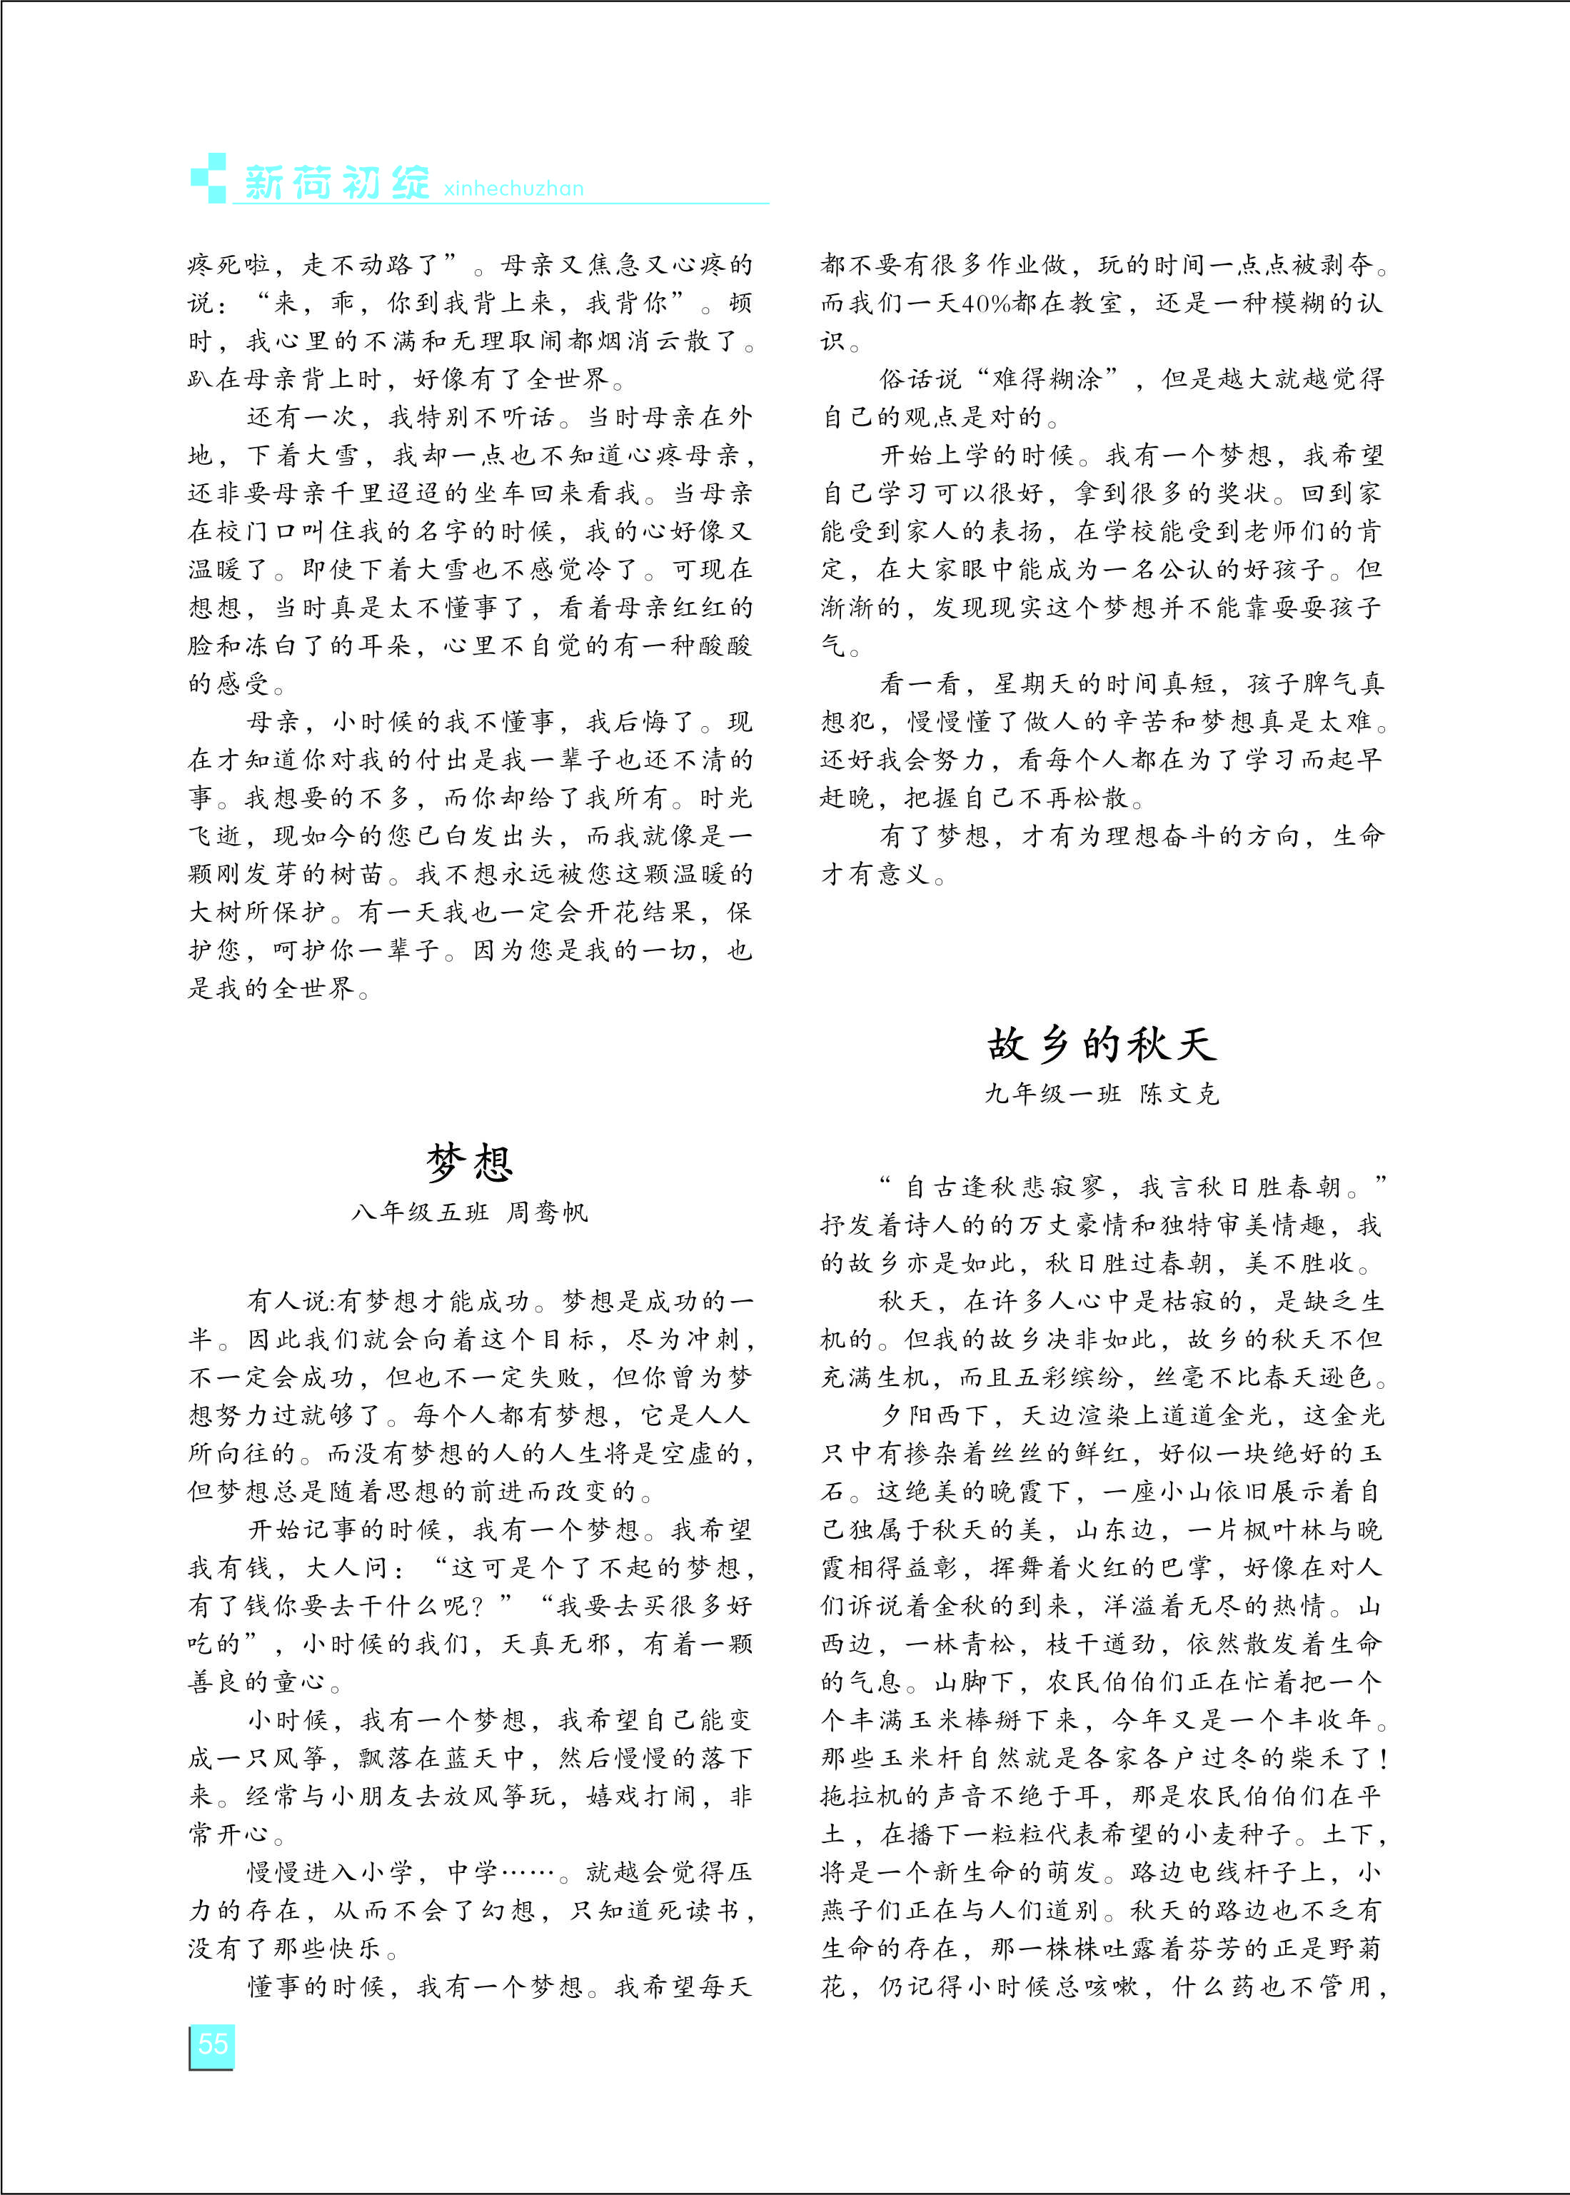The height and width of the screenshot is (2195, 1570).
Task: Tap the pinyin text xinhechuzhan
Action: [513, 189]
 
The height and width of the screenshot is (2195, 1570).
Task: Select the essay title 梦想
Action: [470, 1161]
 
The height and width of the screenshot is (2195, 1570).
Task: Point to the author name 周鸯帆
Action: [548, 1212]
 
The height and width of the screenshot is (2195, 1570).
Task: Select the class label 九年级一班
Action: [1053, 1094]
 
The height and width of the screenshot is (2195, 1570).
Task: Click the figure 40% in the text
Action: [987, 303]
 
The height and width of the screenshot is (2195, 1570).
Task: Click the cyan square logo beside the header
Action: [208, 177]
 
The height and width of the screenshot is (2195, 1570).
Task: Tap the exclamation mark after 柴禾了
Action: [1384, 1758]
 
